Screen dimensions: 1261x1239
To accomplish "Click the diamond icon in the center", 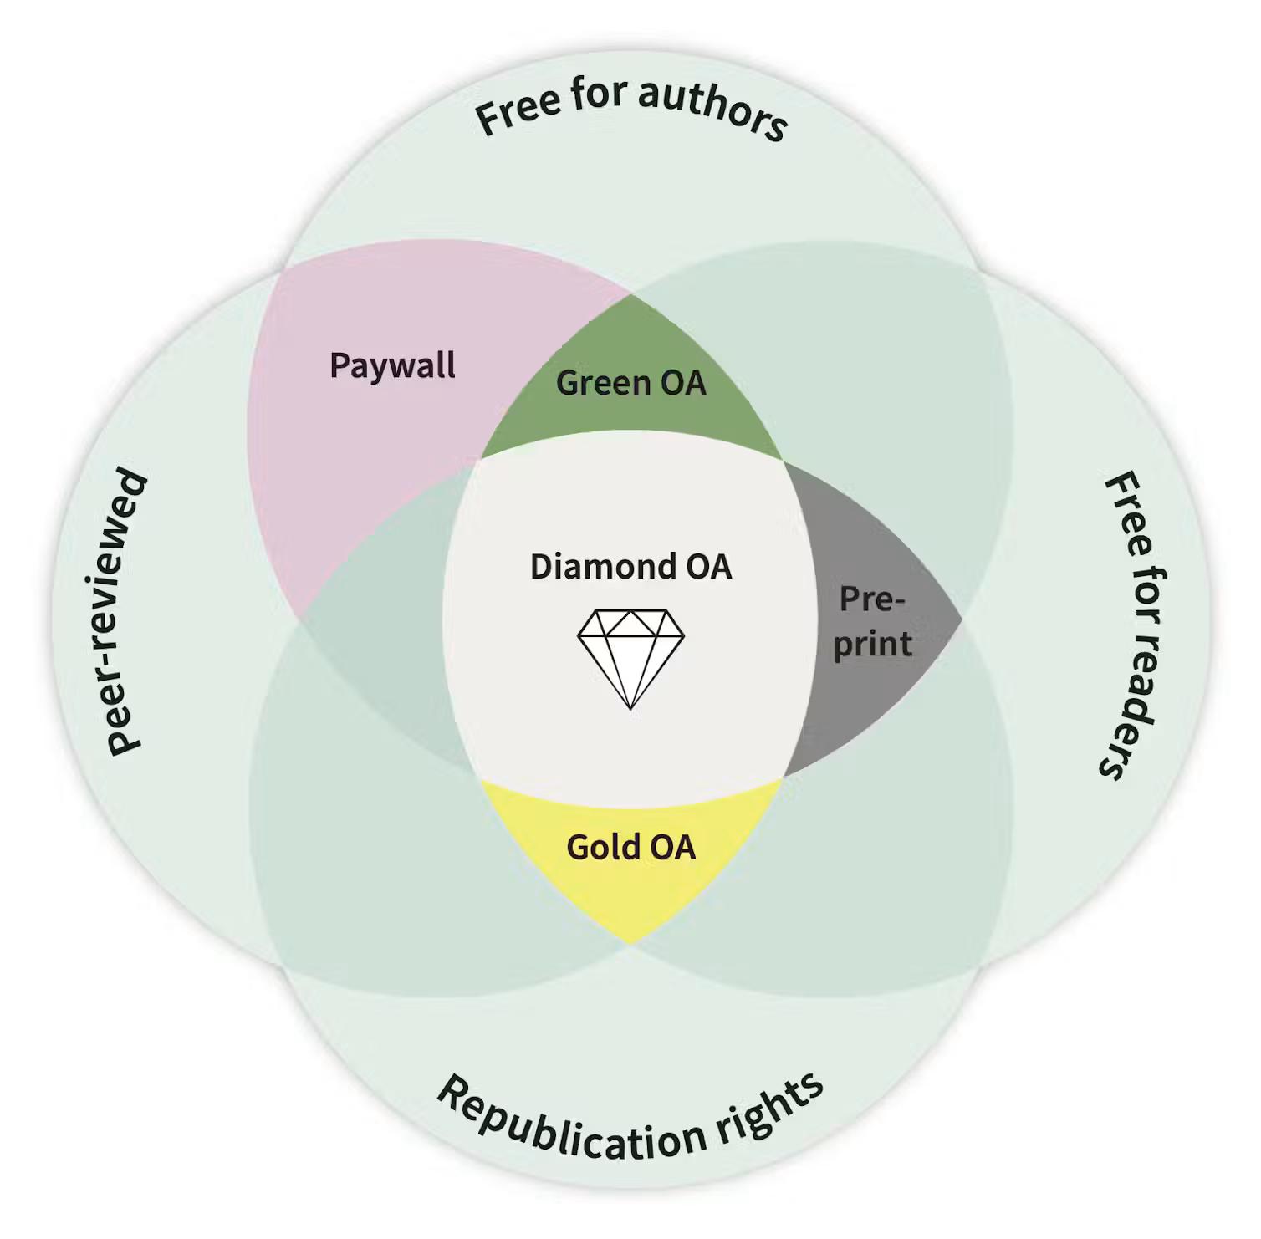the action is (630, 659).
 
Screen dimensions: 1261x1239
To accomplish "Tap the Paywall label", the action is (392, 366).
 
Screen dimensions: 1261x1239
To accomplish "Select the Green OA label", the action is (631, 383).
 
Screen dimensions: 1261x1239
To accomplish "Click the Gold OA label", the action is (631, 847).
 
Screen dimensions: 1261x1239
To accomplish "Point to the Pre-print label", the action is (872, 622).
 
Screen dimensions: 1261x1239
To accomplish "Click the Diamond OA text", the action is (631, 566).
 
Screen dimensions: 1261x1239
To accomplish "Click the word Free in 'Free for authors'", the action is (517, 112).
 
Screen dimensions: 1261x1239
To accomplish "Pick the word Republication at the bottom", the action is (570, 1123).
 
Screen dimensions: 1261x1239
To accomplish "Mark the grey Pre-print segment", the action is (870, 619).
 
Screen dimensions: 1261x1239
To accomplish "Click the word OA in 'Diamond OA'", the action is (708, 566).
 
